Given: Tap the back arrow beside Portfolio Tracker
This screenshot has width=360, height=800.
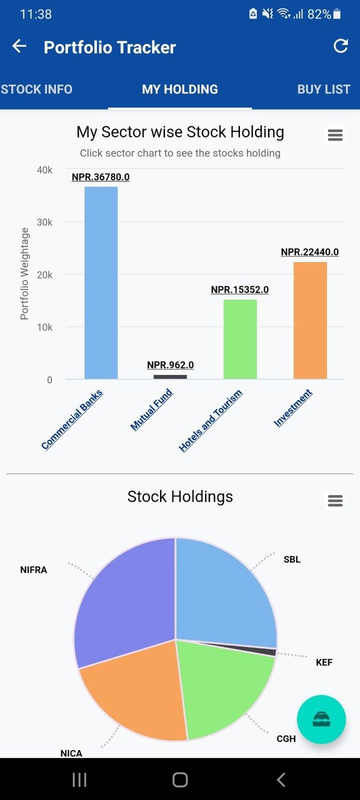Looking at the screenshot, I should (x=19, y=47).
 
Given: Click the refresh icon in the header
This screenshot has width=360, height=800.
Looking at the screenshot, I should (x=341, y=46).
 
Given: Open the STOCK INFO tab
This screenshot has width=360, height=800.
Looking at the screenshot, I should (x=36, y=89).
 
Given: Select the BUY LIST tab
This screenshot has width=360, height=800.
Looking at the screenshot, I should (x=324, y=89).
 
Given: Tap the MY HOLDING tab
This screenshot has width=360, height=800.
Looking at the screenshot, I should (x=180, y=89).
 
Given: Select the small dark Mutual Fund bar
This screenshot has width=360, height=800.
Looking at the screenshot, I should (x=170, y=377).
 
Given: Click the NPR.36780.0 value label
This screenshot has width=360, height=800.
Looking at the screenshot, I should (x=101, y=177).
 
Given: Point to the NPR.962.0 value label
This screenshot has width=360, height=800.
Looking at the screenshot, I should (x=170, y=365).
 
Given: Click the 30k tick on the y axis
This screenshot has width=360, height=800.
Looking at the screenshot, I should (x=43, y=222).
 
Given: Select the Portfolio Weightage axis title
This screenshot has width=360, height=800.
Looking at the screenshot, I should (x=25, y=274).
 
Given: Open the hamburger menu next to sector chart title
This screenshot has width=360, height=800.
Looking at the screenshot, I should (x=335, y=135).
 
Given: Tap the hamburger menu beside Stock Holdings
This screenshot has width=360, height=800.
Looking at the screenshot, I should (x=335, y=501).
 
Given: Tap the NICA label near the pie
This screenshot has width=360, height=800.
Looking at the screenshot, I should (x=71, y=753).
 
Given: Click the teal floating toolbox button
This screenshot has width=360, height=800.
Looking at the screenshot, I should (x=321, y=719).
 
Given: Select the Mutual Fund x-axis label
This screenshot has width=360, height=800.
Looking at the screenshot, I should (x=152, y=409).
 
